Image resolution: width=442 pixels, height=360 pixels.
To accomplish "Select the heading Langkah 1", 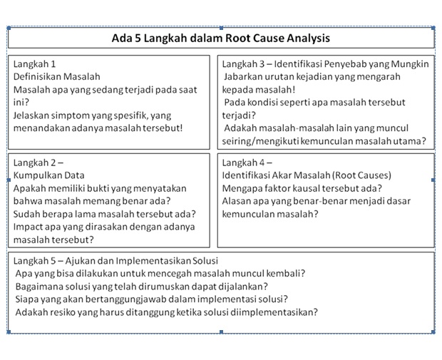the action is tap(35, 63).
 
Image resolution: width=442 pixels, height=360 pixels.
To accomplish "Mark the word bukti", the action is tap(112, 188).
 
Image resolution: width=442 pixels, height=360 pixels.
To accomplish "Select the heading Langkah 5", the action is tap(35, 260).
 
